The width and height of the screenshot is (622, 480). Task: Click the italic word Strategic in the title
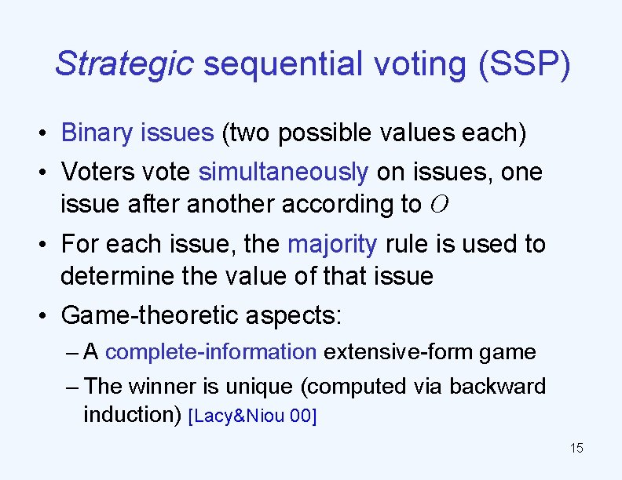coord(124,64)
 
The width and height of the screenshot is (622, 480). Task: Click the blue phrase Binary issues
coord(137,133)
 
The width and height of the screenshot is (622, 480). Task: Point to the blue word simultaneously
coord(284,171)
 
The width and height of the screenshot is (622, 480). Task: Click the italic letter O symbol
coord(440,205)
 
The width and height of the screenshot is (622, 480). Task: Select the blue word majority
coord(332,244)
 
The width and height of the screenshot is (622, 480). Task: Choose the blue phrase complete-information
coord(210,352)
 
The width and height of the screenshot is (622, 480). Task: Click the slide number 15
coord(576,449)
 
